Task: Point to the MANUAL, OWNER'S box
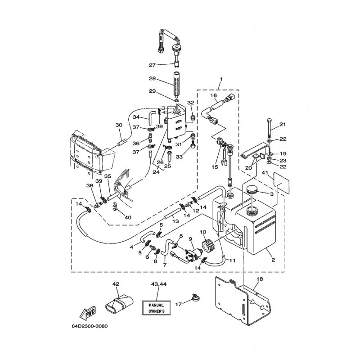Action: coord(157,307)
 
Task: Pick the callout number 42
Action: coord(116,284)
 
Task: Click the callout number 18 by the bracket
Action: coord(259,279)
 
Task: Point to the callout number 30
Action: coord(119,125)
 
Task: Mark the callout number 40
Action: coord(128,217)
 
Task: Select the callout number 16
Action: coord(213,96)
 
